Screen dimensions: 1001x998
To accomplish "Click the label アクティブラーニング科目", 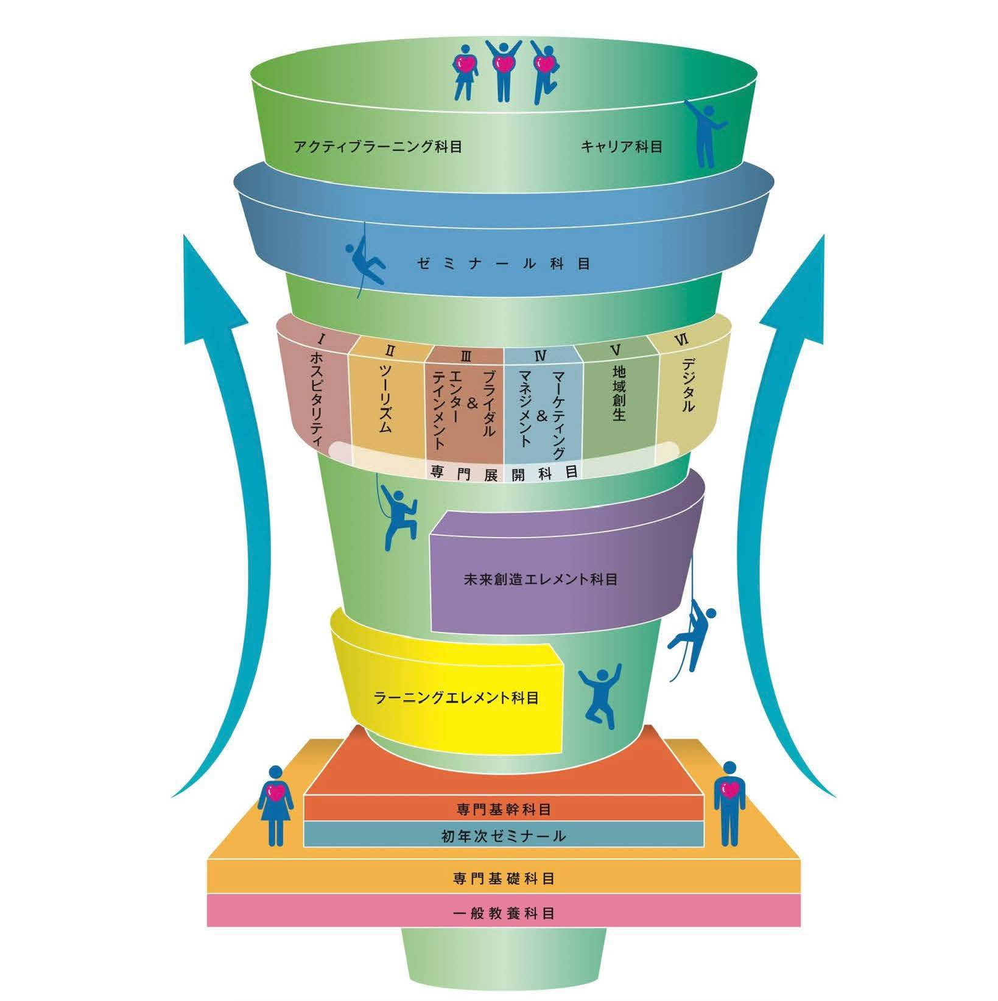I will point(377,147).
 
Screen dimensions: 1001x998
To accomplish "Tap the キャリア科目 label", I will point(621,147).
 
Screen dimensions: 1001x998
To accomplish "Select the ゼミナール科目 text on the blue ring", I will point(504,264).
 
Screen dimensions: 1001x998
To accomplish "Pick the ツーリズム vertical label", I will point(385,399).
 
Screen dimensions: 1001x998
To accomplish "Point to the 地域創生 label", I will point(619,393).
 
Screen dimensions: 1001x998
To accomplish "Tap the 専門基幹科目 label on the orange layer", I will point(504,810).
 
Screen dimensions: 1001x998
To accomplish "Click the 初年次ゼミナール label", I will point(504,836).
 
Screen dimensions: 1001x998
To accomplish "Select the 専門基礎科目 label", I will point(504,879).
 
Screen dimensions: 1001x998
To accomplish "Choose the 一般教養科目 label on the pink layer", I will point(504,913).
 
